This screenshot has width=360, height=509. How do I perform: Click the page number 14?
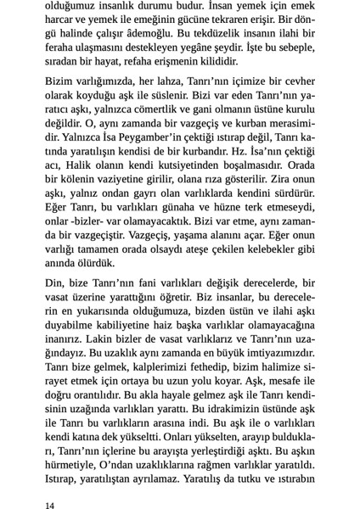point(50,505)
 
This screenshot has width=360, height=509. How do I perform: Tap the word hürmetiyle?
point(75,471)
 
